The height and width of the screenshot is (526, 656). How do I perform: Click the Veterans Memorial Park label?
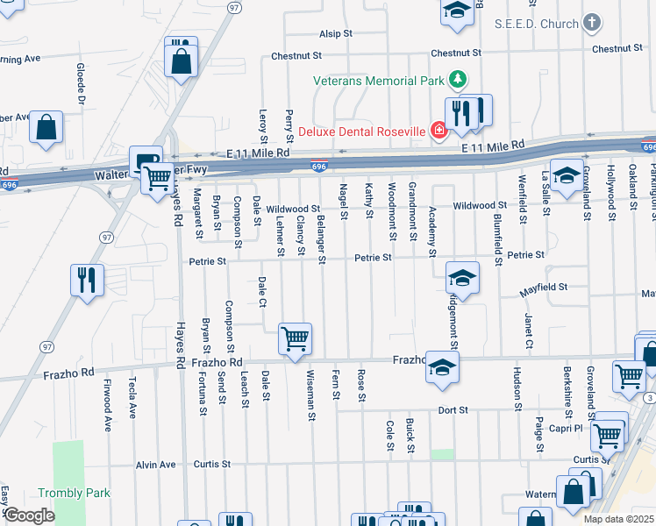point(378,82)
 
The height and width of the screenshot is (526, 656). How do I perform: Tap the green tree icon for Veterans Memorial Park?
point(456,81)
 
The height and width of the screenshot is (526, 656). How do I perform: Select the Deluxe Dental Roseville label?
point(362,132)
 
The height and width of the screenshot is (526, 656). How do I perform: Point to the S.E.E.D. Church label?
point(536,23)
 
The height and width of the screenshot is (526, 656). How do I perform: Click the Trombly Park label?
point(74,494)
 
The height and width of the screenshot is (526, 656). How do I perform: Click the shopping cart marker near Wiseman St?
point(296,338)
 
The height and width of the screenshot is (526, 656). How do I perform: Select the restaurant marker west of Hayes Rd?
point(87,281)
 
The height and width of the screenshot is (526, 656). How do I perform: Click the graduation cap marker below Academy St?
point(462,279)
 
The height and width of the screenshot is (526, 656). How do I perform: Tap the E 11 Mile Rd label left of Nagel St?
point(258,152)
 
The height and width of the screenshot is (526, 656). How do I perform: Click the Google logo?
point(28,515)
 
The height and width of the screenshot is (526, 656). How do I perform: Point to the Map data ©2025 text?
point(619,519)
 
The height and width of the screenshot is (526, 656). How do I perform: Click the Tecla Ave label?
point(132,399)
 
